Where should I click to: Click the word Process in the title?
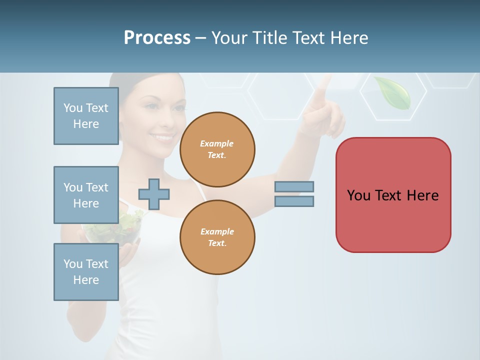[x=157, y=38]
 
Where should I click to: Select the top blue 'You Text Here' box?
[x=86, y=116]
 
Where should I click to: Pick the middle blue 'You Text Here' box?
[x=86, y=195]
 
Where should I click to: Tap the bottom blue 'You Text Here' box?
[x=86, y=272]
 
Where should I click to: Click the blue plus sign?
[x=154, y=193]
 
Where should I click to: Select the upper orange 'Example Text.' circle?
[x=217, y=149]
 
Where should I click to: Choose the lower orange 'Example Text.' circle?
[x=217, y=237]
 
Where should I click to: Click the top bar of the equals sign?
[x=294, y=187]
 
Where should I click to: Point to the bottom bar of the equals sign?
[x=294, y=201]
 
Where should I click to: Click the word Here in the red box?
[x=422, y=195]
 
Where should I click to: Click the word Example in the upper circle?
[x=216, y=143]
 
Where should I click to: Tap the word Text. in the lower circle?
[x=217, y=243]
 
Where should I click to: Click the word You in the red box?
[x=358, y=195]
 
